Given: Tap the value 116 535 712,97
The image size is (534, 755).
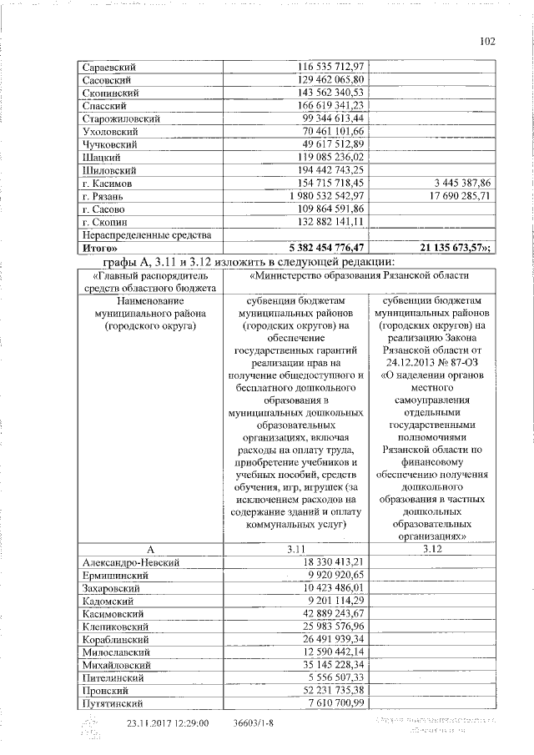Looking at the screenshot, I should tap(332, 66).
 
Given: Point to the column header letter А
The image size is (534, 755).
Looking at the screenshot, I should tap(150, 549).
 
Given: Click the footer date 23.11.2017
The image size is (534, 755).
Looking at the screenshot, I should tap(154, 724).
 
